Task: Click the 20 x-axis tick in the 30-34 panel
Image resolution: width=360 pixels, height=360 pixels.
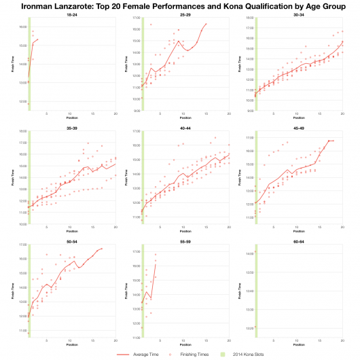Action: [x=342, y=113]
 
